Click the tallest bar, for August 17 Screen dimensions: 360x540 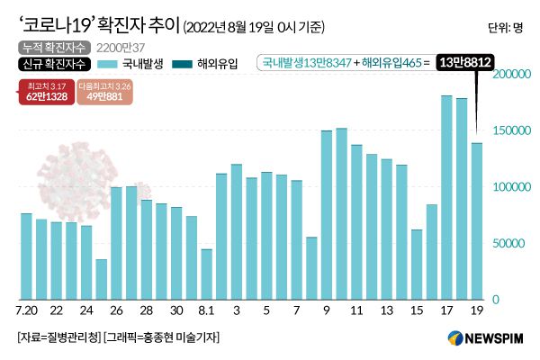446,197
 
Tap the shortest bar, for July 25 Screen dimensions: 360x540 102,279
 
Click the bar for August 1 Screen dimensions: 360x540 207,274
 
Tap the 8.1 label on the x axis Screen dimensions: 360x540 207,310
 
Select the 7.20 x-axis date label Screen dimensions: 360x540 27,310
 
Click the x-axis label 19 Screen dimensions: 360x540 476,310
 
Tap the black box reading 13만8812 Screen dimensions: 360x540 466,63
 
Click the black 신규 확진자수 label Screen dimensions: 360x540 52,64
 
